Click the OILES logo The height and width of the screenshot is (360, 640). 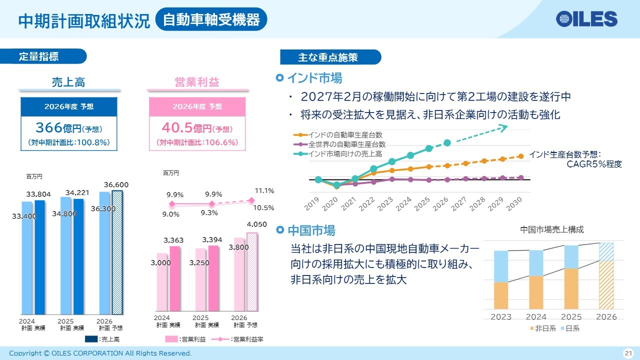(x=586, y=19)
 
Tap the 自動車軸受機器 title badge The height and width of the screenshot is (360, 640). (x=211, y=19)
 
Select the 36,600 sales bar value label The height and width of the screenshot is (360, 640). (x=116, y=185)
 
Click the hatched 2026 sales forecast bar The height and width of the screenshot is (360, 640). (x=117, y=252)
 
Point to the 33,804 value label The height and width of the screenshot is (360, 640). (x=38, y=194)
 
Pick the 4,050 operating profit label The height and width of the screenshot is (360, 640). (x=256, y=224)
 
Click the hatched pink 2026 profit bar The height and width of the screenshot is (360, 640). (x=252, y=271)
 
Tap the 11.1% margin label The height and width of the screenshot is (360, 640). (x=264, y=191)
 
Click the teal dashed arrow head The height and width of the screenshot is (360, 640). (x=503, y=127)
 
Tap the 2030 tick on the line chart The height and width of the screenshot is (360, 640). (x=514, y=204)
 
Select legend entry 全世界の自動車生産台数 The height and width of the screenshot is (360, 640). (x=347, y=144)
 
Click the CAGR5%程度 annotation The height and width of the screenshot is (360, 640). (x=594, y=164)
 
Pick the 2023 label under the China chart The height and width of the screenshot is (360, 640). (x=501, y=317)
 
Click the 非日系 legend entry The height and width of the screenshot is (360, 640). (x=543, y=328)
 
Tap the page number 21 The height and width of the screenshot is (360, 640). (x=628, y=353)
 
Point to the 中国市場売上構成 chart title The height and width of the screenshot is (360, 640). (x=551, y=229)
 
